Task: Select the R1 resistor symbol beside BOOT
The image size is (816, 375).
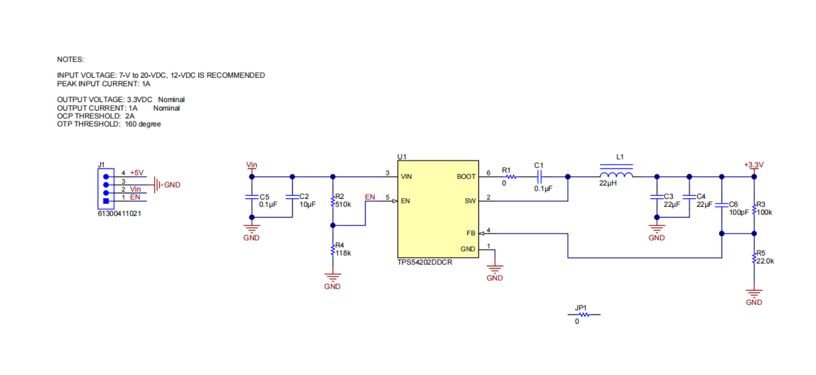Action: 511,177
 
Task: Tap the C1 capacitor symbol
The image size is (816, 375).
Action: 540,177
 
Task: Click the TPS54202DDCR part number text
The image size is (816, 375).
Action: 425,262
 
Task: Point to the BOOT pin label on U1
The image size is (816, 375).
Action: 466,177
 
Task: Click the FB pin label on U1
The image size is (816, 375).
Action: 471,233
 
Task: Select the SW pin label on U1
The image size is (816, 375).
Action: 470,201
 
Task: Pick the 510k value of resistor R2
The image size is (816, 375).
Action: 343,205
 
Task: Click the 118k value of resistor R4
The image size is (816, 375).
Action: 343,253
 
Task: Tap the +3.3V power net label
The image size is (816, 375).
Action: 754,165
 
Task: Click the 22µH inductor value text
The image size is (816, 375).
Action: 608,183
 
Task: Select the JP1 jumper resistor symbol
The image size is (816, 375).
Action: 584,315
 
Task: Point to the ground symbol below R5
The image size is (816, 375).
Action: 754,293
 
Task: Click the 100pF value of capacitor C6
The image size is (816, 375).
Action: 739,213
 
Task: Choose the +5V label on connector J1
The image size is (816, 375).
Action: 136,173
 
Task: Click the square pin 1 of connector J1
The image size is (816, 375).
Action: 106,201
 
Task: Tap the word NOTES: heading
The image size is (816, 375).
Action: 70,59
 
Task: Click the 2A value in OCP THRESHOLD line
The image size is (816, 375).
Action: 130,116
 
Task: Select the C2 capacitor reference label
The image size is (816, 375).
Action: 304,197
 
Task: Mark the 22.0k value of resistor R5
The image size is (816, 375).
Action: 765,261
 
